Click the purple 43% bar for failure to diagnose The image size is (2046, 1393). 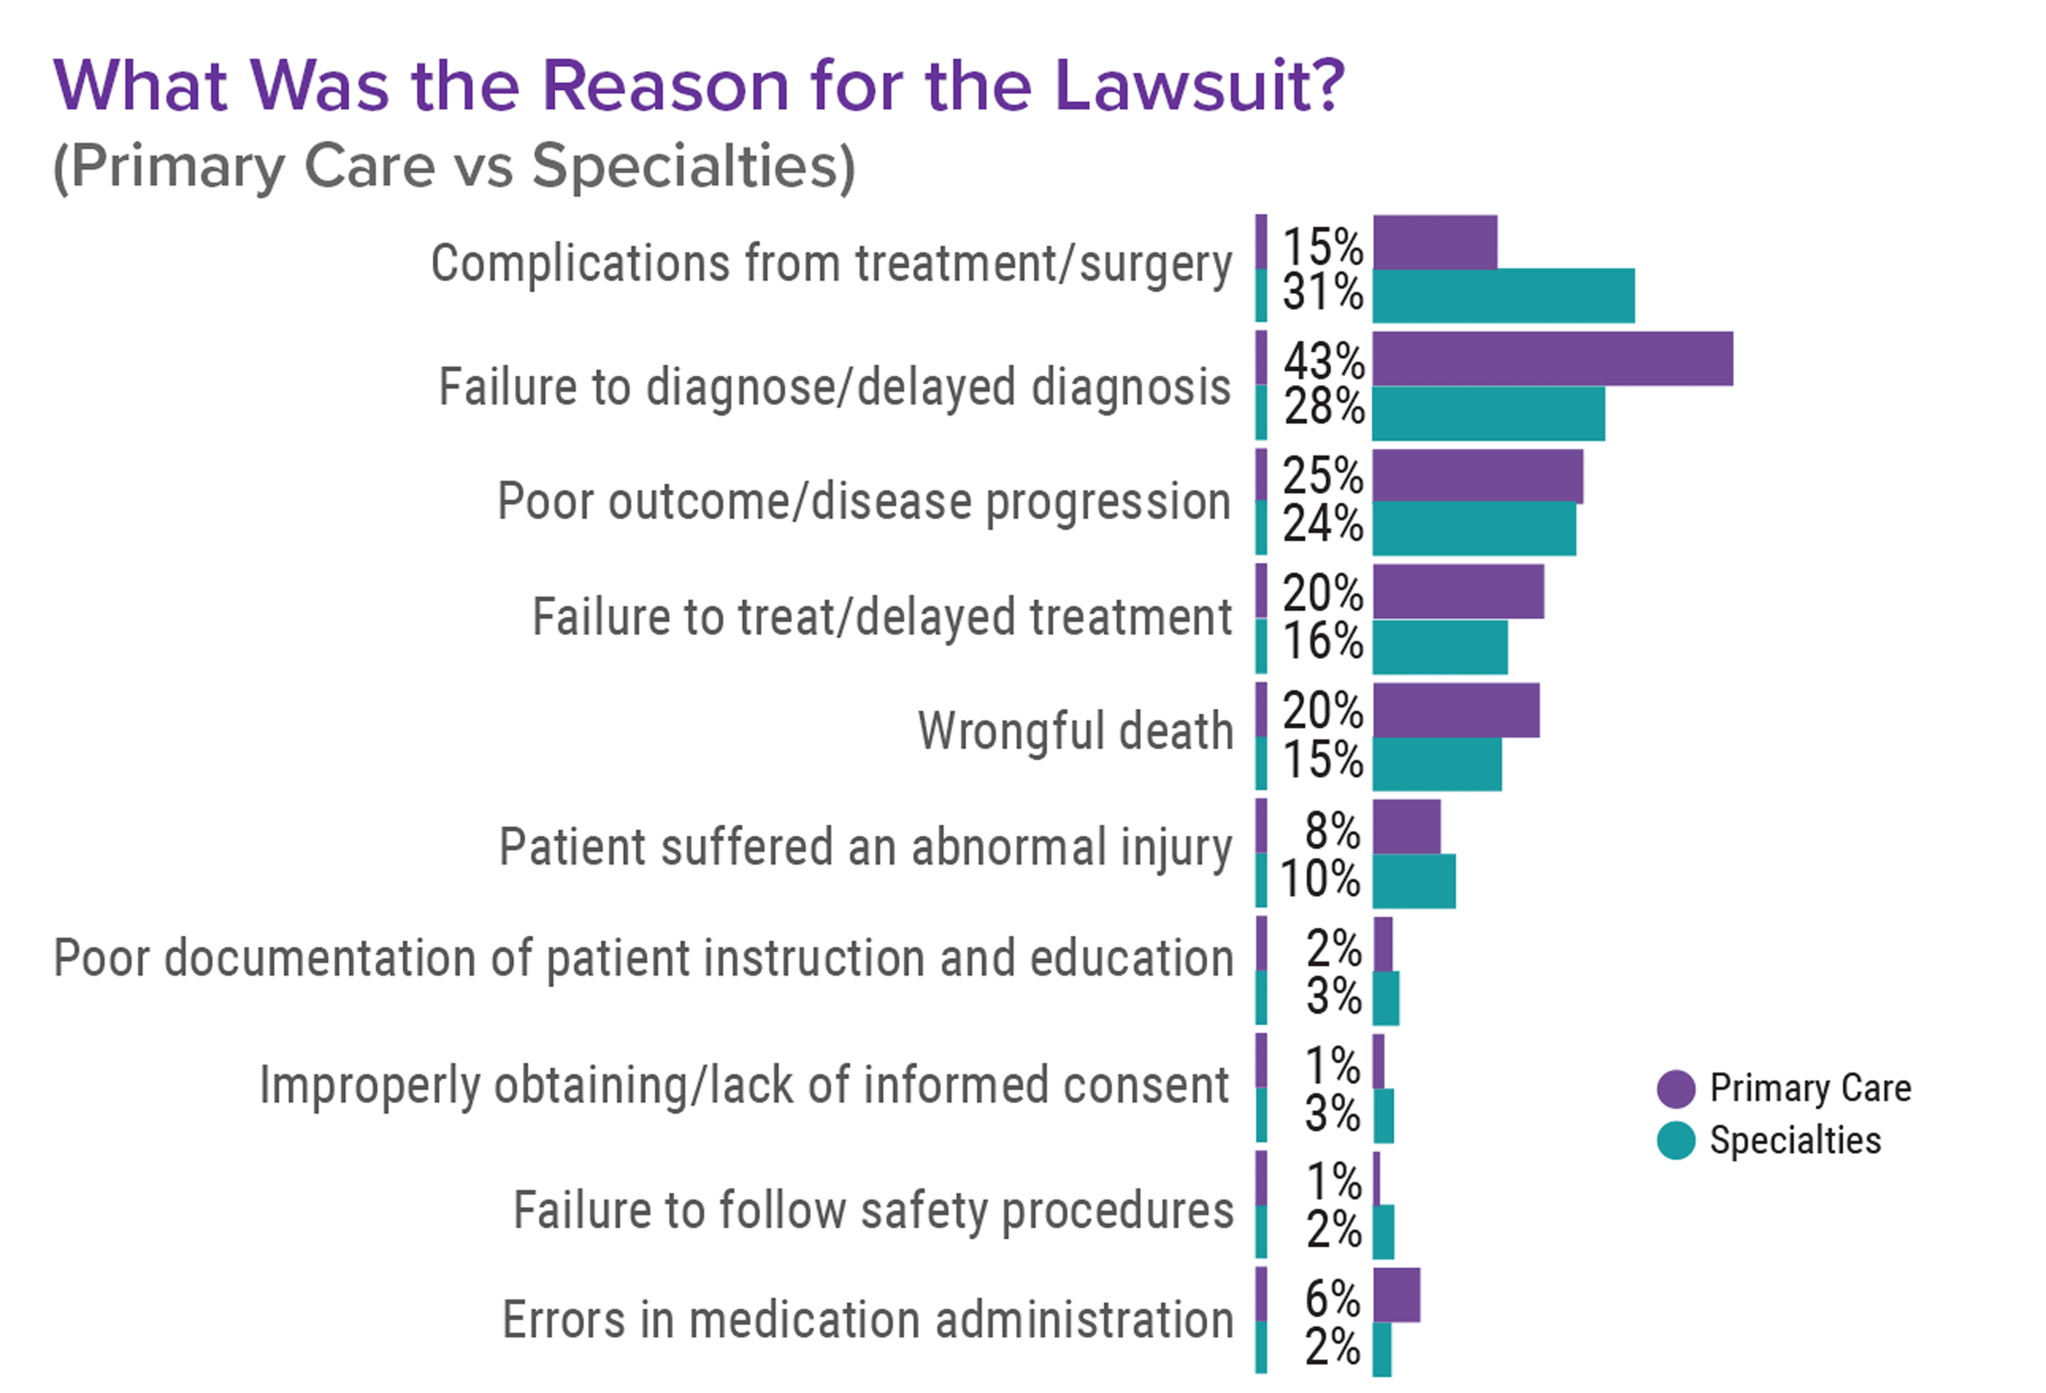tap(1551, 359)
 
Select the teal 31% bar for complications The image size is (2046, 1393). tap(1503, 295)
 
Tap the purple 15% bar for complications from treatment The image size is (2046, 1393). tap(1434, 242)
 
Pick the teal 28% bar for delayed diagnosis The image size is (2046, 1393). tap(1488, 413)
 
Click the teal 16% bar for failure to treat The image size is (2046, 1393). tap(1439, 647)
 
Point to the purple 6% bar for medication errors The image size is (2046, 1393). tap(1397, 1295)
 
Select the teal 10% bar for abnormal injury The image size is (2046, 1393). tap(1413, 881)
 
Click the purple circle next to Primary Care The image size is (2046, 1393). tap(1676, 1088)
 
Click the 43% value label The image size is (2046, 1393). tap(1324, 361)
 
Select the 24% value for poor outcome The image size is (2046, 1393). tap(1322, 524)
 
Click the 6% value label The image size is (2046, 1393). tap(1332, 1298)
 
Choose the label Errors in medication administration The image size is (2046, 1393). tap(868, 1320)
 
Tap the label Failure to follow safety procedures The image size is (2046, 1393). tap(872, 1209)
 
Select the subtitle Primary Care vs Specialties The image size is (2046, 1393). tap(454, 166)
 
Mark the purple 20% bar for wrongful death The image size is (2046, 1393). tap(1455, 710)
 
